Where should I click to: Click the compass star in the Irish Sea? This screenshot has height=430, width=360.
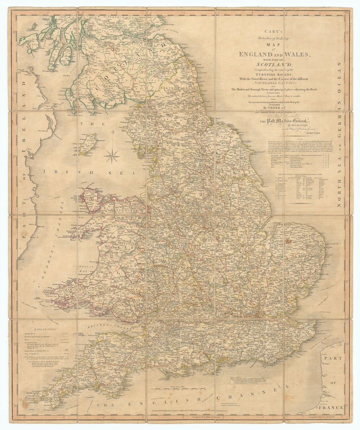tap(112, 156)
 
